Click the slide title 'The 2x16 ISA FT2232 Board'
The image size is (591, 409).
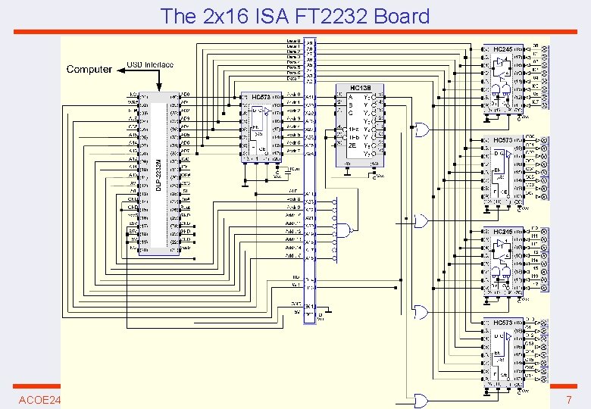pyautogui.click(x=295, y=16)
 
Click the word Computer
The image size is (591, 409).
pyautogui.click(x=89, y=69)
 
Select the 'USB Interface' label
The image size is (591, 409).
pyautogui.click(x=149, y=65)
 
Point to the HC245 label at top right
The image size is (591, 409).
pyautogui.click(x=503, y=49)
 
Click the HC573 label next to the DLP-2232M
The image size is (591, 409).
pyautogui.click(x=261, y=98)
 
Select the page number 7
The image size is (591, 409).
pyautogui.click(x=568, y=399)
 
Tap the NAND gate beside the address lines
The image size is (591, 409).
pyautogui.click(x=345, y=229)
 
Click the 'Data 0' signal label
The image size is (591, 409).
pyautogui.click(x=293, y=40)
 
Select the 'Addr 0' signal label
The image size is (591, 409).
pyautogui.click(x=293, y=95)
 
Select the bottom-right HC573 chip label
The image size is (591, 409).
pyautogui.click(x=503, y=323)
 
